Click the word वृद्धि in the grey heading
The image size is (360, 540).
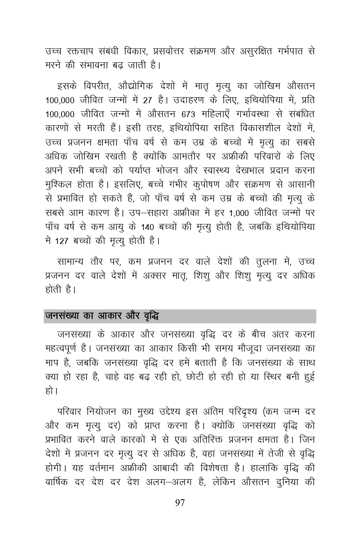coord(151,316)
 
